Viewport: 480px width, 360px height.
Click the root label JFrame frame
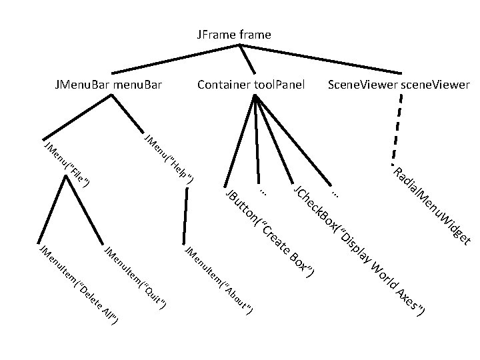234,34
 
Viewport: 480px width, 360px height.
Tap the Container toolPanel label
251,85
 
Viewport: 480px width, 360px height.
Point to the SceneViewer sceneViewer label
399,85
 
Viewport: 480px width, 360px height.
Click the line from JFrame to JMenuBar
173,59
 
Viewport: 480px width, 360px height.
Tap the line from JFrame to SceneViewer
320,59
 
